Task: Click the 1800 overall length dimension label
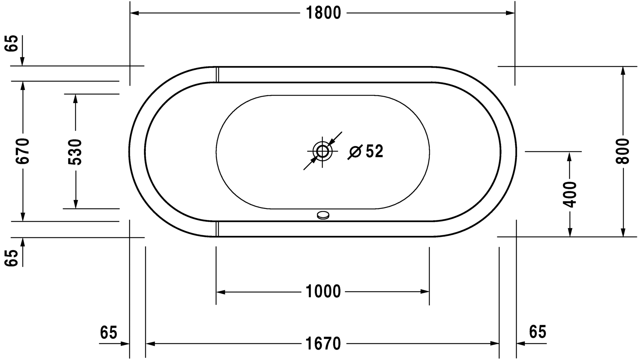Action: click(324, 13)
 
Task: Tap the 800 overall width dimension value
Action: click(623, 151)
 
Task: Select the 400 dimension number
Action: click(570, 195)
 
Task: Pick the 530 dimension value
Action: click(75, 152)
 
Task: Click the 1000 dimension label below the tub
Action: click(323, 291)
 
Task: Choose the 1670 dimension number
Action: click(323, 343)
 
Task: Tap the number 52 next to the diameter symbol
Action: click(374, 151)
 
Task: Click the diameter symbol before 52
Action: click(355, 152)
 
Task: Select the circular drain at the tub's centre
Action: click(322, 151)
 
